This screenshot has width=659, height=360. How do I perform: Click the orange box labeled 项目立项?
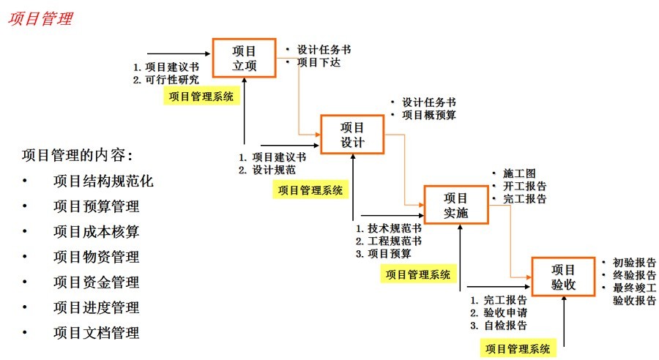tap(244, 57)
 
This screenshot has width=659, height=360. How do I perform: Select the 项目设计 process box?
tap(352, 134)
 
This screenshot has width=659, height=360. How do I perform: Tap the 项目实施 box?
tap(455, 205)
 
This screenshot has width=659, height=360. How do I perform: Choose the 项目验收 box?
tap(563, 277)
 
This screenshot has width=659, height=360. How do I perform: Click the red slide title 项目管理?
tap(40, 19)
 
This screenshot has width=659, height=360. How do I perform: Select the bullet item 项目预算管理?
tap(96, 206)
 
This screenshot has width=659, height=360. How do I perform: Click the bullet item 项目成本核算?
tap(96, 232)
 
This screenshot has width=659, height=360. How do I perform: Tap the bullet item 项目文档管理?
tap(96, 333)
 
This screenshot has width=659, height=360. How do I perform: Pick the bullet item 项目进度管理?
tap(96, 307)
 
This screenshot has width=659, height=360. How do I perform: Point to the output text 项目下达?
tap(319, 62)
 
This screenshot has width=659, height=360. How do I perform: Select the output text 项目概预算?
tap(429, 115)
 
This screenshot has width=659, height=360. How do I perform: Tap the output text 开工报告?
tap(524, 186)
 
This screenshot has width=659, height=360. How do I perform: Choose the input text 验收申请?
tap(505, 313)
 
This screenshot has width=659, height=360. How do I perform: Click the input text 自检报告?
tap(505, 326)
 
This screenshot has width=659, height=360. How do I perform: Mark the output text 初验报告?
tap(634, 263)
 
